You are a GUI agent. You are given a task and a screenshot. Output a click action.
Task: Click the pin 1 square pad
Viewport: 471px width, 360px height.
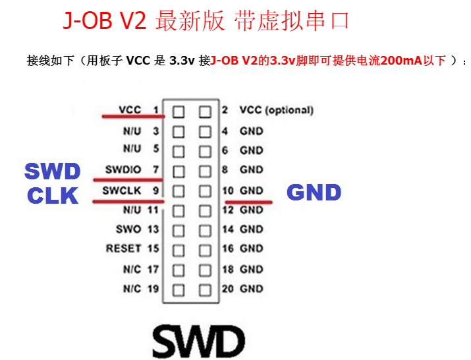[x=178, y=111]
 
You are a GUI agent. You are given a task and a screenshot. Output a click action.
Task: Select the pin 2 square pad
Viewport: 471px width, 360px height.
[x=205, y=111]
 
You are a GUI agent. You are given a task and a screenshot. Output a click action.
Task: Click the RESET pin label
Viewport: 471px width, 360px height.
[x=123, y=249]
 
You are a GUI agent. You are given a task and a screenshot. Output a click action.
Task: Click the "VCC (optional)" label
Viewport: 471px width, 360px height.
[x=276, y=110]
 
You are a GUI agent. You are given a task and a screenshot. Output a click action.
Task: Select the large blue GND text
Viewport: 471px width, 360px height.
[x=314, y=193]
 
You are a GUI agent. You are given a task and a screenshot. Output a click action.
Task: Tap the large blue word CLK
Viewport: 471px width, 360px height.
[x=52, y=195]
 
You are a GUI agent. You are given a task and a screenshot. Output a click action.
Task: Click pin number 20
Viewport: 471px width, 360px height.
[x=227, y=288]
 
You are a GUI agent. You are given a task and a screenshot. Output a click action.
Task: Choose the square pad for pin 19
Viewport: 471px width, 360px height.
[x=178, y=289]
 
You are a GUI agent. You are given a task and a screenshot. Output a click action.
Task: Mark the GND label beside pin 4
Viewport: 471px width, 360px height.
[x=251, y=131]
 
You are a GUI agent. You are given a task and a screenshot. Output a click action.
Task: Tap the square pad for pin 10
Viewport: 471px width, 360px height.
[x=205, y=191]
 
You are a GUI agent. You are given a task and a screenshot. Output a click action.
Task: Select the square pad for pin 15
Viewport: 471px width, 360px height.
[x=178, y=250]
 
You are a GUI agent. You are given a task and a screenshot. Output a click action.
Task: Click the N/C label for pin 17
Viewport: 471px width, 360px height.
[x=131, y=269]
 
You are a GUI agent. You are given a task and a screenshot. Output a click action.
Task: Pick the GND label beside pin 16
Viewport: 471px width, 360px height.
[x=251, y=249]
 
